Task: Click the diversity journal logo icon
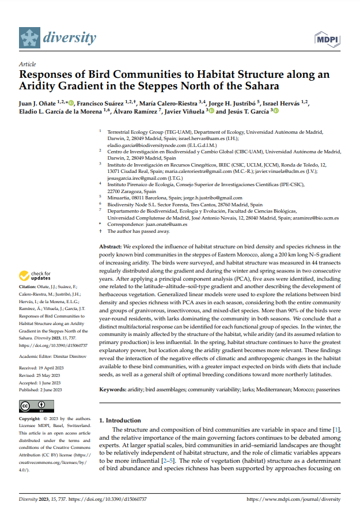[x=29, y=38]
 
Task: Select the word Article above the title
[x=28, y=65]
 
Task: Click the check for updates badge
[x=36, y=275]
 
